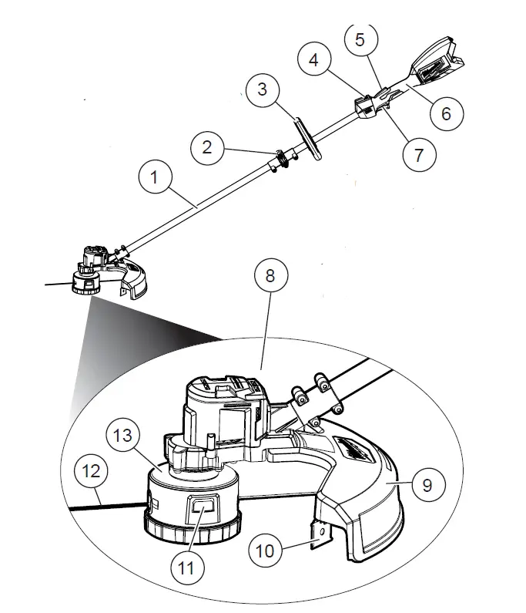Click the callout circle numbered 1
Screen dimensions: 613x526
[x=154, y=177]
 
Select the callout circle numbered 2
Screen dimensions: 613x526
[x=207, y=147]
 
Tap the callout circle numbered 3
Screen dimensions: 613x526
[x=262, y=89]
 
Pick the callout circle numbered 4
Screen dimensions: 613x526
[x=314, y=59]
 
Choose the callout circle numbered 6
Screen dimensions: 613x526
[x=446, y=113]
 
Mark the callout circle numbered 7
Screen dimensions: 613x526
[x=419, y=153]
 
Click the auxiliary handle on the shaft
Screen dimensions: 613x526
[x=307, y=138]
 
